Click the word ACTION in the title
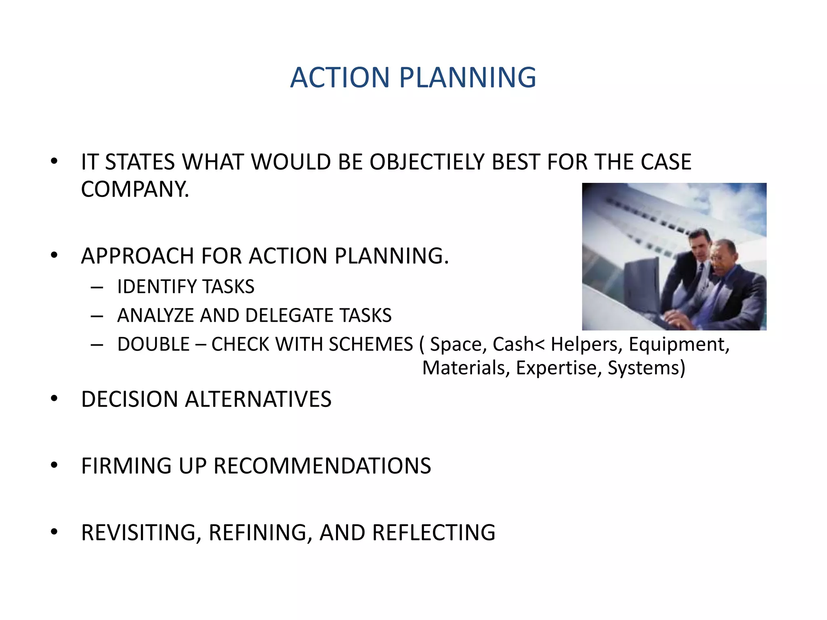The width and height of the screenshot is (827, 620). point(340,77)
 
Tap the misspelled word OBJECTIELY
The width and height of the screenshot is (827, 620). point(427,162)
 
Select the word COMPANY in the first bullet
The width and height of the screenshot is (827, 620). point(135,189)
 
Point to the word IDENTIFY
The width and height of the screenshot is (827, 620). point(157,287)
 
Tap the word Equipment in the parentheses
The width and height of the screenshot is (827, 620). point(679,345)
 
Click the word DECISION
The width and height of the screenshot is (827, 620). point(130,400)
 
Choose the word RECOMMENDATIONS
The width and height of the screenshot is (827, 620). point(322,466)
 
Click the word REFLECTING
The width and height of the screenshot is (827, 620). point(434,533)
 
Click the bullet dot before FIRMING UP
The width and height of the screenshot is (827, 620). point(54,465)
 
